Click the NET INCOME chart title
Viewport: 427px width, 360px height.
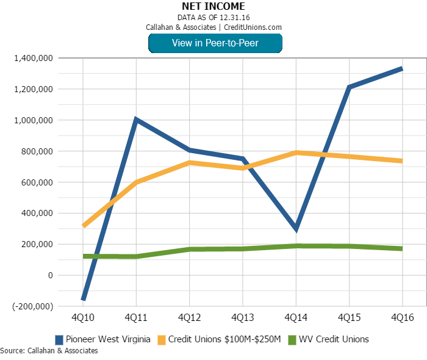(213, 7)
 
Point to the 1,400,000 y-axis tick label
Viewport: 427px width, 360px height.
(31, 58)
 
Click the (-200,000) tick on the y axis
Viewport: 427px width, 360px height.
(31, 306)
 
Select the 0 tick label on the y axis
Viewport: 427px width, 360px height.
(49, 275)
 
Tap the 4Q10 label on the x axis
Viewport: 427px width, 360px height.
(82, 319)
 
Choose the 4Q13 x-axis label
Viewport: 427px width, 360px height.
(242, 319)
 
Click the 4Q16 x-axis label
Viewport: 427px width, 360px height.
(402, 319)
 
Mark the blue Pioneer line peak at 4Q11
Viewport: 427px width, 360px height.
(135, 119)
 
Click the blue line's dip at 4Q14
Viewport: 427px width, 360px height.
(296, 229)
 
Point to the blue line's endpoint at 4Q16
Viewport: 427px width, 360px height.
(401, 68)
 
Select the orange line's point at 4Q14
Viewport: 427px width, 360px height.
(296, 153)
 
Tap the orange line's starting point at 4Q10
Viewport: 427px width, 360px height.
(83, 226)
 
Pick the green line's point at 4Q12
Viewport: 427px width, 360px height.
(189, 249)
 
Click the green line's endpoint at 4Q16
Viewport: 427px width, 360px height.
(401, 248)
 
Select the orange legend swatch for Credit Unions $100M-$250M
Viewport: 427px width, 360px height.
(162, 339)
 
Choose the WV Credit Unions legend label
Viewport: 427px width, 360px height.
(333, 339)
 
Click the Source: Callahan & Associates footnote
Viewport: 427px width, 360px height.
(49, 351)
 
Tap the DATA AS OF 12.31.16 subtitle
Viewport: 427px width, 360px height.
(213, 17)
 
